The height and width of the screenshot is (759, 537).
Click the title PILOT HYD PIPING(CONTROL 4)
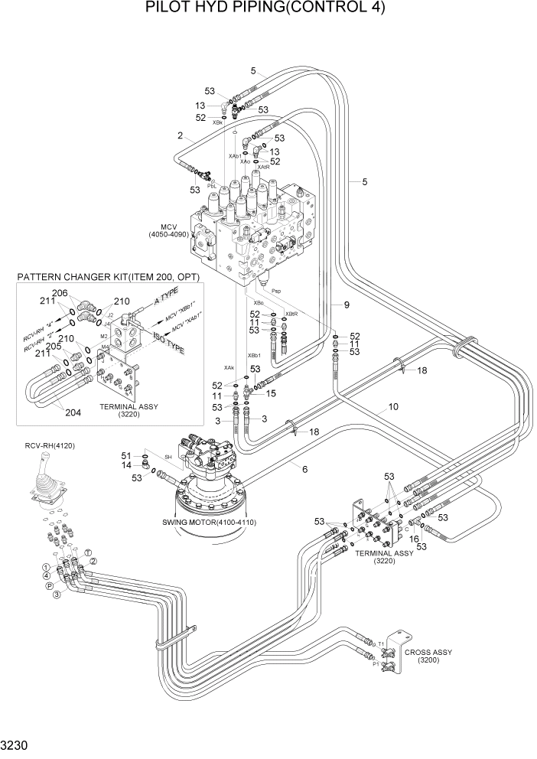click(265, 9)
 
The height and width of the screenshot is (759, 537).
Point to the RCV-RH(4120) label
click(50, 446)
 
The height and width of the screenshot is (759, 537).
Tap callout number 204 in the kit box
click(73, 412)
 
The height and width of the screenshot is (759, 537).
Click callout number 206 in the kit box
click(60, 294)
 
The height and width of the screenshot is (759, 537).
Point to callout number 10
click(393, 407)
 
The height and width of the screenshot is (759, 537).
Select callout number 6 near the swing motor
click(304, 468)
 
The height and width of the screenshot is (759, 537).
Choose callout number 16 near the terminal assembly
click(415, 539)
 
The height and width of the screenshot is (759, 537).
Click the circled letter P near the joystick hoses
click(50, 586)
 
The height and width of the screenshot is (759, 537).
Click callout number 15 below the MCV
click(271, 393)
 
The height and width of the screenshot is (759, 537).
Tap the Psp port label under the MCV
click(277, 292)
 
